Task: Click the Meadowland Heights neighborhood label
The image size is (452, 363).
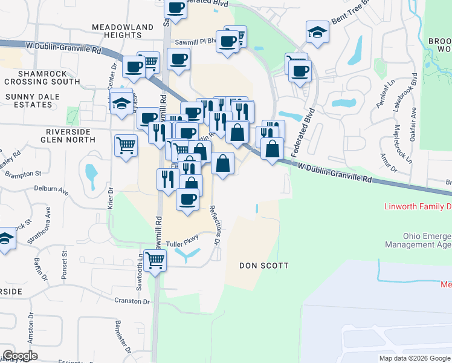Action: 124,31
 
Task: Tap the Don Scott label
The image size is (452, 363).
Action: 263,266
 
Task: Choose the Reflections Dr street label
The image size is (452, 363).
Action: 215,224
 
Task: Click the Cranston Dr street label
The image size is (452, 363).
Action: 131,301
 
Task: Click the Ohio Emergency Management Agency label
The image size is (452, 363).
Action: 419,240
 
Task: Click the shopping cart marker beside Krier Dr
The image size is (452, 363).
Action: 126,145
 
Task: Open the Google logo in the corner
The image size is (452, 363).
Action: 21,356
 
